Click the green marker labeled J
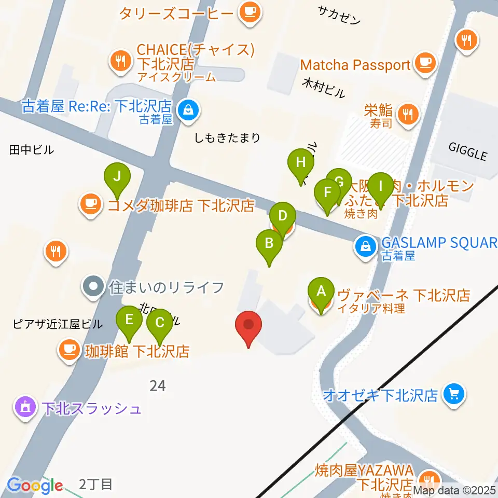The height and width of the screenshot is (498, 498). click(x=117, y=177)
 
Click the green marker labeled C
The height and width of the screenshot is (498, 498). click(x=160, y=323)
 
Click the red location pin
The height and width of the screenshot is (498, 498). click(x=248, y=325)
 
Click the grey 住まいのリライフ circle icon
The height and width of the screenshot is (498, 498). click(x=93, y=286)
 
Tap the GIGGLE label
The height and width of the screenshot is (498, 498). click(x=467, y=154)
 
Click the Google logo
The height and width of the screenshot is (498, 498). click(x=35, y=486)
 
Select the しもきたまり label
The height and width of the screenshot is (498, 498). click(x=227, y=137)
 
